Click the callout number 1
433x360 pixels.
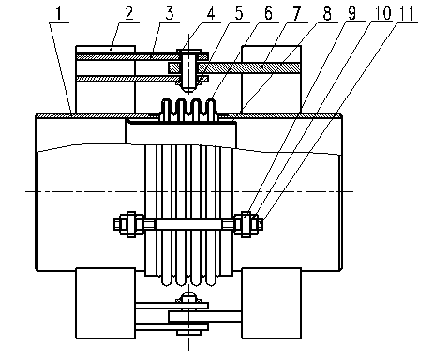58,13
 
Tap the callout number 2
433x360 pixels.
128,13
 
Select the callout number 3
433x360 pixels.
170,13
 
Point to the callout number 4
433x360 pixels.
211,13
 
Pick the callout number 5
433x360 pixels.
239,13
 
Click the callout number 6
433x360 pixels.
268,13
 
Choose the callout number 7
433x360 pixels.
297,13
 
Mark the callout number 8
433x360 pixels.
327,13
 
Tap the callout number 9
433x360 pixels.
351,13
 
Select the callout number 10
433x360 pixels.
381,13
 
